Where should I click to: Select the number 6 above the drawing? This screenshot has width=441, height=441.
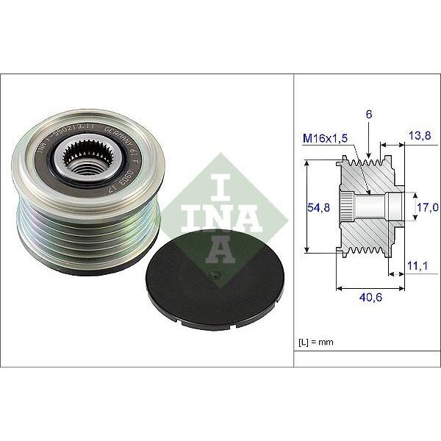click(x=368, y=115)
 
